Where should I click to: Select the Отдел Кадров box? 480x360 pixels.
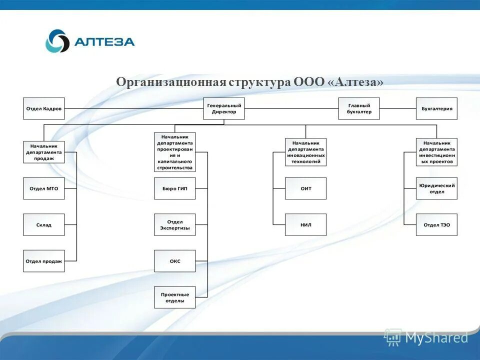pos(44,108)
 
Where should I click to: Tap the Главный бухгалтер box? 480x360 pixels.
pos(358,108)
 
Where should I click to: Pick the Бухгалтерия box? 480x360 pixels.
pos(436,108)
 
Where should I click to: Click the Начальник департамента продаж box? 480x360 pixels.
pos(44,151)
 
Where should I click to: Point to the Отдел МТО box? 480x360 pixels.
pos(44,188)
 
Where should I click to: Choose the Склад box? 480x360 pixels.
pos(44,224)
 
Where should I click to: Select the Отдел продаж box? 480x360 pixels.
pos(44,261)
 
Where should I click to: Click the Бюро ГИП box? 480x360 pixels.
pos(174,188)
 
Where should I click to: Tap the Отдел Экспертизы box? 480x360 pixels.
pos(174,224)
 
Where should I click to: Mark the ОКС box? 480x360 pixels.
pos(174,261)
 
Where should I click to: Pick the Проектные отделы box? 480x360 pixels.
pos(174,297)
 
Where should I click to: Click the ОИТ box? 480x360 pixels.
pos(305,188)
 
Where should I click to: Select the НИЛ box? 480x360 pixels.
pos(305,224)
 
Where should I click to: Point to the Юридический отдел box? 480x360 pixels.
pos(436,188)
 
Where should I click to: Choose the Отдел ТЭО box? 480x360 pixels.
pos(436,224)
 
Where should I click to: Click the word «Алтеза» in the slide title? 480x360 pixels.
pos(356,82)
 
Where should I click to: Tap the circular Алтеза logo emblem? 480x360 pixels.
pos(57,41)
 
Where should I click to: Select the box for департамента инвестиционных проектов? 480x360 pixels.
pos(436,152)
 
